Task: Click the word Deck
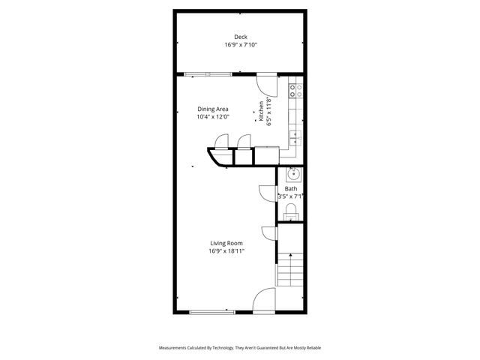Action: coord(240,37)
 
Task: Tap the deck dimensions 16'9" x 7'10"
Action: coord(240,45)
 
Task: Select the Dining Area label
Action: coord(212,109)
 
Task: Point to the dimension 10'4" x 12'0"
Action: coord(212,117)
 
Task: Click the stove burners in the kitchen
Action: coord(296,91)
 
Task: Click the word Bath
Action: coord(289,189)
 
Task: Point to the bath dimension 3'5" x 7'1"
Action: coord(289,196)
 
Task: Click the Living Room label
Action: coord(226,244)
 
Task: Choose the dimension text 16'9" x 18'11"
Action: coord(226,252)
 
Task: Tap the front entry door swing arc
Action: coord(263,301)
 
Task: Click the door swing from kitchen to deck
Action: coord(267,84)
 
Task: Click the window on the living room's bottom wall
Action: coord(212,311)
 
